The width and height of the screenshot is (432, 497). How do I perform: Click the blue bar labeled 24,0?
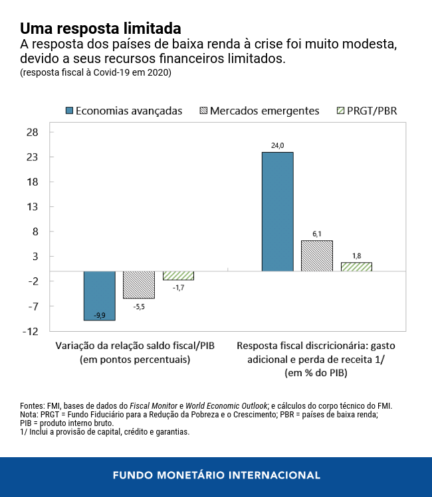click(x=277, y=211)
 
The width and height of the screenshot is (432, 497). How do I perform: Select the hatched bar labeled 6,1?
click(x=317, y=255)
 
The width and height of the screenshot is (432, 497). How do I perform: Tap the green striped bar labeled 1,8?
click(x=356, y=267)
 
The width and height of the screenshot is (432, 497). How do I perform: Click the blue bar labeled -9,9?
click(x=99, y=295)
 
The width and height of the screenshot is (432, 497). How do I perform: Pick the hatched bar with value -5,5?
click(x=139, y=285)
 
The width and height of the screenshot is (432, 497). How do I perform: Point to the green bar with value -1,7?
click(x=178, y=275)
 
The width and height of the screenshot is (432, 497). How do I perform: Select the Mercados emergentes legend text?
click(x=264, y=110)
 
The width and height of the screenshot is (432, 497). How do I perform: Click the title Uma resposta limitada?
click(x=100, y=29)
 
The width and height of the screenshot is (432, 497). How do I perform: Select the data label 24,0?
click(x=277, y=145)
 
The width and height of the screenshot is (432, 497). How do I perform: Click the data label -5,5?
click(x=139, y=307)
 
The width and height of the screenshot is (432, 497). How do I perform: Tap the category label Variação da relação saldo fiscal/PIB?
click(x=135, y=346)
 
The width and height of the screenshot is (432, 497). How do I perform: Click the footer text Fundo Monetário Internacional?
click(x=216, y=476)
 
